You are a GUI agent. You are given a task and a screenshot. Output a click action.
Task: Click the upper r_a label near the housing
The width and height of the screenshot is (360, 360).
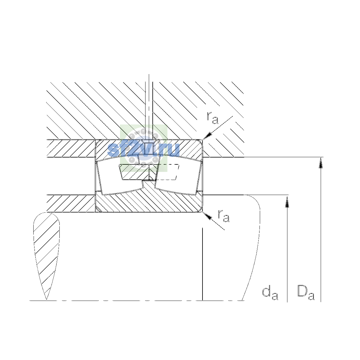(212, 118)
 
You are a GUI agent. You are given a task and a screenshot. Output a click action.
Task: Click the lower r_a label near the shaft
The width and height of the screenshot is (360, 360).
(223, 216)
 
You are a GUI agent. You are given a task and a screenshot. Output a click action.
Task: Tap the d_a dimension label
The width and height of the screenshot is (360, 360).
(270, 293)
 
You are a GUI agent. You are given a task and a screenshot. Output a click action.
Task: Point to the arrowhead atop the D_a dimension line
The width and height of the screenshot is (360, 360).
(321, 163)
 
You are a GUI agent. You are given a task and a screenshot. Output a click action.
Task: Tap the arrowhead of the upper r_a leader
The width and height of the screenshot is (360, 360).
(207, 136)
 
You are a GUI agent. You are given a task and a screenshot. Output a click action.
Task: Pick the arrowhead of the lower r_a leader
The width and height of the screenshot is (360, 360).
(207, 216)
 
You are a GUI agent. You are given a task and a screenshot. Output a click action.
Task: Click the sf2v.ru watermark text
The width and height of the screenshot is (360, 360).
(143, 150)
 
